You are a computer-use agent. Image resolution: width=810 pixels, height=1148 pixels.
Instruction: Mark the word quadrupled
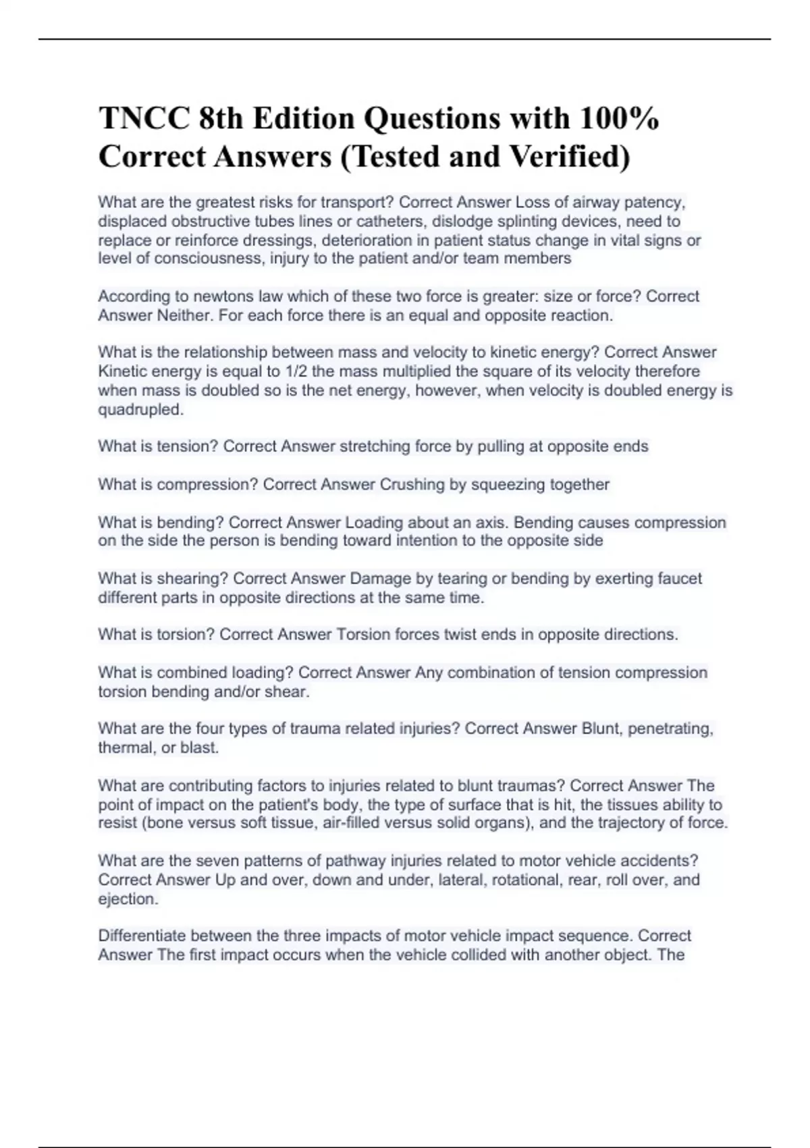click(140, 409)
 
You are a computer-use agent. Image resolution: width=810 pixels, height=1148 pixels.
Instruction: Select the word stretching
click(371, 446)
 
